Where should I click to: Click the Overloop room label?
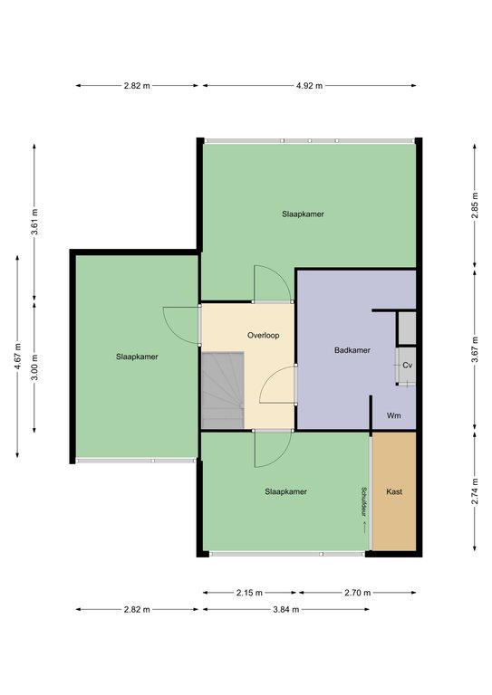coord(263,336)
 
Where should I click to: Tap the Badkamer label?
coord(352,350)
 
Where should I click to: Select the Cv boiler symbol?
coord(407,366)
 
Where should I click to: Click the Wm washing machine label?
coord(393,415)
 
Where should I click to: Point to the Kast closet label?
coord(394,491)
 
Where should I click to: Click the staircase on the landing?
coord(223,391)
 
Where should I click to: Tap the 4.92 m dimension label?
coord(309,86)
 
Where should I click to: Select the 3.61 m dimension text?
coord(35,222)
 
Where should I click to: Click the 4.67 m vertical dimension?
coord(18,357)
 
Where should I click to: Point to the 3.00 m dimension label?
coord(35,367)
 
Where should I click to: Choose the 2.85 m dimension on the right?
coord(475,205)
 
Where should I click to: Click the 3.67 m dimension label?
coord(475,349)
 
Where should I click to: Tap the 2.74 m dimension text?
coord(475,491)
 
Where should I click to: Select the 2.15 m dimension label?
coord(249,593)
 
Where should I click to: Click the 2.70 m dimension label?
coord(358,593)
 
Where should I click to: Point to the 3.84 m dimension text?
coord(286,609)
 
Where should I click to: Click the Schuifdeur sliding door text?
coord(363,502)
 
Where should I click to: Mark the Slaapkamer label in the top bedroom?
coord(303,214)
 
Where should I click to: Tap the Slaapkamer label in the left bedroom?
coord(137,357)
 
